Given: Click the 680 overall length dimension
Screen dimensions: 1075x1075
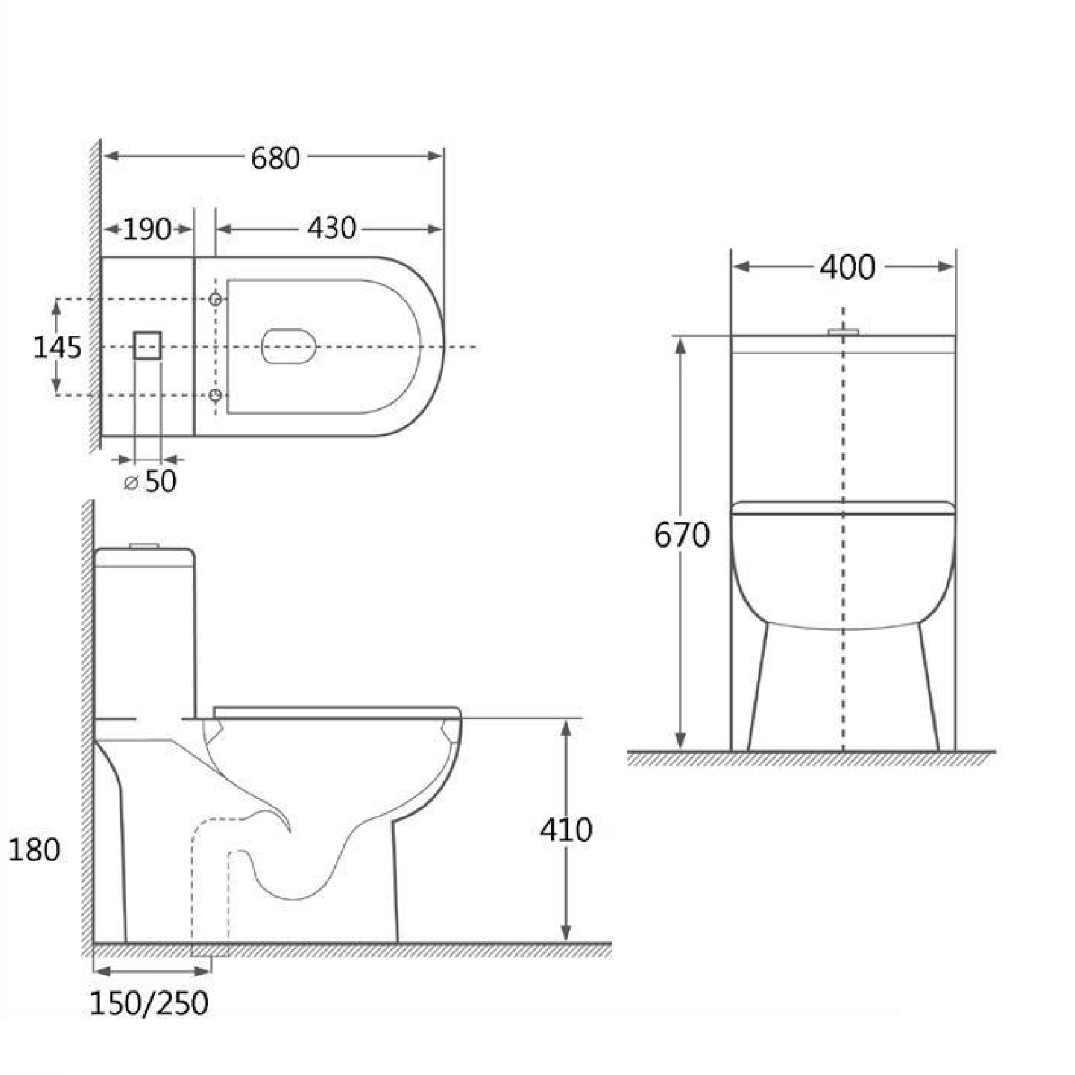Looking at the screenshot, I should [275, 158].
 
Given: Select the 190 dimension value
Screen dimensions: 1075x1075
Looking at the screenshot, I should [147, 229].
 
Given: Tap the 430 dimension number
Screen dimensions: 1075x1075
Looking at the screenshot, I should [331, 228].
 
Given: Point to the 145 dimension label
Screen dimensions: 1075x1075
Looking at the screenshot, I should [57, 348].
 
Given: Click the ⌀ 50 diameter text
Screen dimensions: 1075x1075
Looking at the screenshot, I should [151, 481].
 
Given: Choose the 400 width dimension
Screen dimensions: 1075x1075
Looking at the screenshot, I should [847, 267].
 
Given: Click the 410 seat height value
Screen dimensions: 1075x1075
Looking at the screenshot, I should [566, 830].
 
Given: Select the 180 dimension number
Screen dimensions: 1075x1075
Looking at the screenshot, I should [34, 850].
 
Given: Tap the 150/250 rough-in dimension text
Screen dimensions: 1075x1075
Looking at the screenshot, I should [149, 1003].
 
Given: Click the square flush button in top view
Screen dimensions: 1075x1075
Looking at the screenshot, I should [147, 345].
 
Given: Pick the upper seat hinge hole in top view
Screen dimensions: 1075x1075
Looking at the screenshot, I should [216, 299].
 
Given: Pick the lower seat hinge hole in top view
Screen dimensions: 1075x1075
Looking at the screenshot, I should [216, 395].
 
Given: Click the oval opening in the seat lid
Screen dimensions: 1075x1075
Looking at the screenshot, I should [289, 346].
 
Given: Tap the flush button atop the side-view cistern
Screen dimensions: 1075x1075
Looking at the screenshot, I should [144, 546].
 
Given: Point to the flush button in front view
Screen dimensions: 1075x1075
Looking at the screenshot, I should [843, 331].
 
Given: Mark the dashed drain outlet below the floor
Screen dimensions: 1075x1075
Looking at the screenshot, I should [211, 951].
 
